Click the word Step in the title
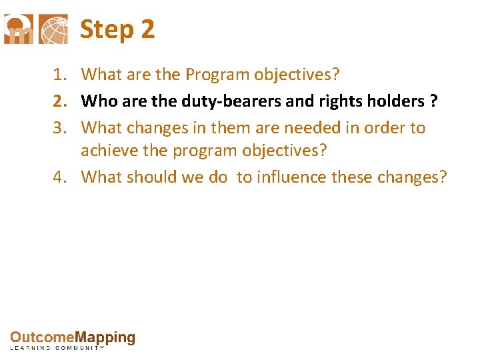click(107, 30)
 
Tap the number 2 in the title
click(148, 30)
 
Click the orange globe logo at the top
click(53, 29)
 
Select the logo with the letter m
click(18, 29)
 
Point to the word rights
click(341, 101)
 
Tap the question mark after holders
click(434, 101)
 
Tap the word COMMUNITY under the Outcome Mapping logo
click(80, 348)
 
